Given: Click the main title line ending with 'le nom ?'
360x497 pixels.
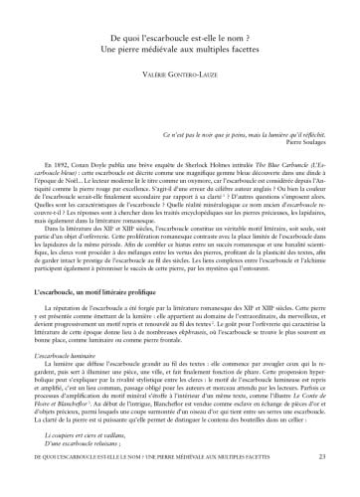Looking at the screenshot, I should [180, 35].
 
